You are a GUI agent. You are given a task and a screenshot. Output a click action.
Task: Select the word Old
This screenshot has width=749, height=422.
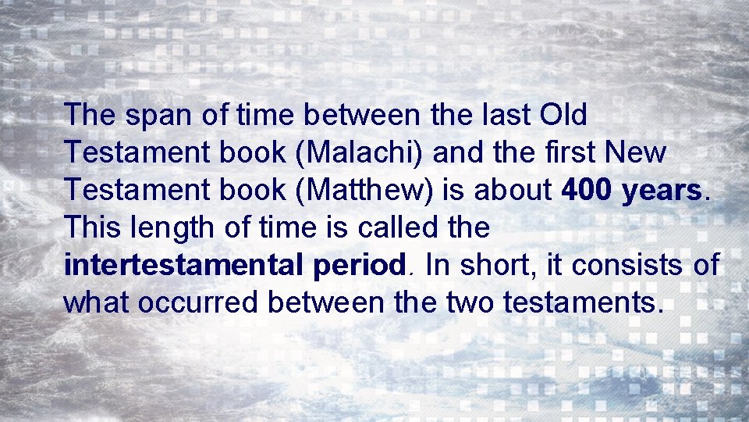pos(563,115)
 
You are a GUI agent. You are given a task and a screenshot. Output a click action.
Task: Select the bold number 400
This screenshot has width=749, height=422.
pos(588,190)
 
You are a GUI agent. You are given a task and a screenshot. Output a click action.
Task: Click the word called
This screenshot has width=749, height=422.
pos(385,227)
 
